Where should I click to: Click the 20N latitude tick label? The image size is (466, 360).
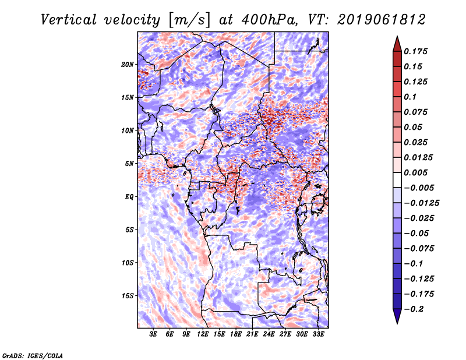point(128,64)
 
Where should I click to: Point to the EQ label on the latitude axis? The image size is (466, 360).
point(129,196)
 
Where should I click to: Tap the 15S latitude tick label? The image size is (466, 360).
point(128,295)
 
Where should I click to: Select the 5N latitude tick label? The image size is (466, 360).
point(129,163)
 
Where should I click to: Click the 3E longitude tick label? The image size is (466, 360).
point(154,334)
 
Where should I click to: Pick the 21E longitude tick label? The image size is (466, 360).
point(252,334)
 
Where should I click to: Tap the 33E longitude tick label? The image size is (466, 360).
point(318,334)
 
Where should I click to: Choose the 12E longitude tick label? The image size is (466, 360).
point(203,334)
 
